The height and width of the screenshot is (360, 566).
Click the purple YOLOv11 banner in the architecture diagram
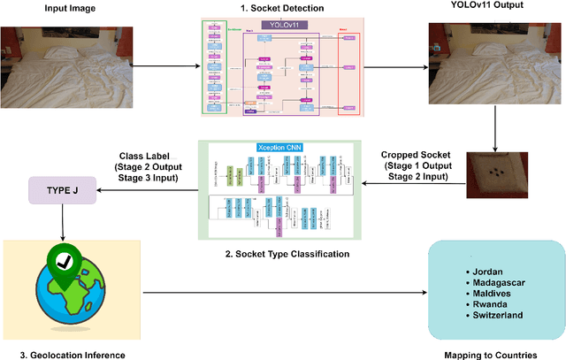[x=283, y=26]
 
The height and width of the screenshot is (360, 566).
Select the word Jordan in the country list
[x=490, y=269]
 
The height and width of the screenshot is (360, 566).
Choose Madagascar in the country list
[x=499, y=281]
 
